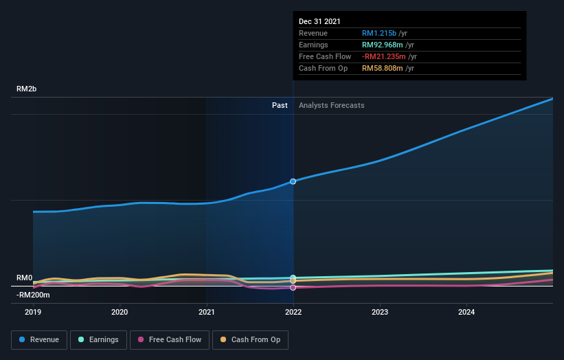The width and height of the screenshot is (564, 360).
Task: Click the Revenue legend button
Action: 39,339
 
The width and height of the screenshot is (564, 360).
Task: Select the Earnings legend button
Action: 98,339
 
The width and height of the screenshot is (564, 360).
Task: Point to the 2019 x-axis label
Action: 33,312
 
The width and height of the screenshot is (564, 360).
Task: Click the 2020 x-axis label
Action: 120,312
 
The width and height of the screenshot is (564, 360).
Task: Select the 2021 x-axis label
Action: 206,312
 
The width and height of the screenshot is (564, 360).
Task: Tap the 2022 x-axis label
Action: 293,312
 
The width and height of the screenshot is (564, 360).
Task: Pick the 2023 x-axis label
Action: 380,312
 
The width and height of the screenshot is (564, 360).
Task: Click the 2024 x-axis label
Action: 466,312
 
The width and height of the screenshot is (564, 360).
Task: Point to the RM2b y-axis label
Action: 27,89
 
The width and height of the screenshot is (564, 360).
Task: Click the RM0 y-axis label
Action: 24,278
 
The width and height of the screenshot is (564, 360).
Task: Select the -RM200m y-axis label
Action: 33,295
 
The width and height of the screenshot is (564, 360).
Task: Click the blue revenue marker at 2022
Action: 293,181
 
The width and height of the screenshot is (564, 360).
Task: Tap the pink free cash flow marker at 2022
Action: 293,287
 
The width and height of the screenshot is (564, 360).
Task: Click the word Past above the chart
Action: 280,105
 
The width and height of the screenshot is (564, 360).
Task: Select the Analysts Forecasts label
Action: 331,105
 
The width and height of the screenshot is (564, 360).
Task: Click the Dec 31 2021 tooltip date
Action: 319,22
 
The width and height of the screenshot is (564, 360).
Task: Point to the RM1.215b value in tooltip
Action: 380,33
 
